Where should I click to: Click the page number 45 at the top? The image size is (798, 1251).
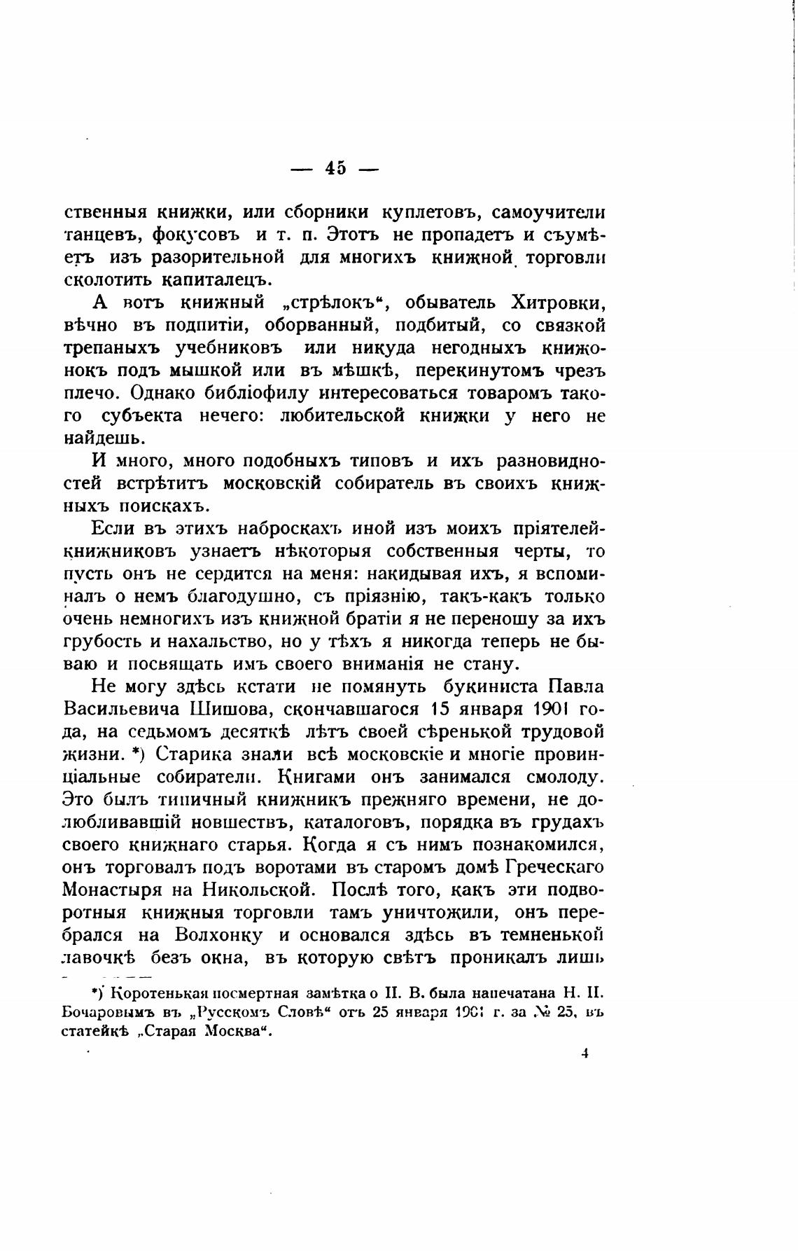coord(335,169)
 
